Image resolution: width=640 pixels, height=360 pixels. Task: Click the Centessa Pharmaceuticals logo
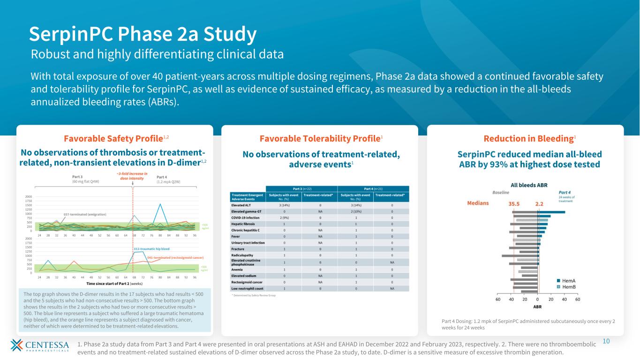tap(39, 347)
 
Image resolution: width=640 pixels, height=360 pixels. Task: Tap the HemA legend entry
tap(569, 280)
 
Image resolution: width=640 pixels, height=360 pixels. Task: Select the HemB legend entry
tap(569, 286)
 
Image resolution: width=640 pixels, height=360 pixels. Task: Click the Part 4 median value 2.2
tap(539, 204)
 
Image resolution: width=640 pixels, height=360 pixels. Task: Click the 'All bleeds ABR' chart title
tap(529, 185)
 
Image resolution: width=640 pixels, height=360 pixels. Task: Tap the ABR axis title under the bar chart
tap(537, 307)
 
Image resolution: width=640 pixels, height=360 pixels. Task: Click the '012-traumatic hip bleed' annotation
tap(151, 249)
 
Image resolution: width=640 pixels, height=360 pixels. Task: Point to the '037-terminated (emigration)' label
tap(85, 214)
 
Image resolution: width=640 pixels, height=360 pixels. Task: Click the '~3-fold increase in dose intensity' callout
tap(132, 176)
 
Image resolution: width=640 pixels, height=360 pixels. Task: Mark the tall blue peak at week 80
tap(160, 204)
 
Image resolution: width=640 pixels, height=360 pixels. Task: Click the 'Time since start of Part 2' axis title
tap(115, 284)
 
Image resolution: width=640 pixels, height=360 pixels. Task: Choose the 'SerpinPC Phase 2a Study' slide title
tap(143, 34)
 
